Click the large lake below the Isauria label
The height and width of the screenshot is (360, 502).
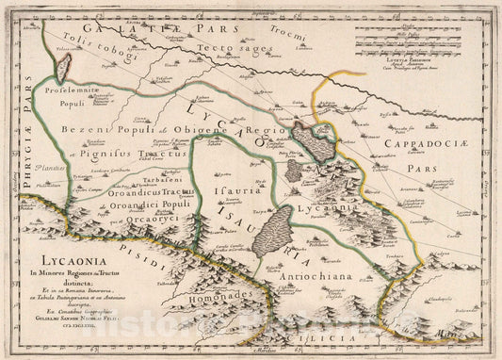tap(272, 232)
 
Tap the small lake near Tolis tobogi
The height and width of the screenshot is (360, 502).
tap(64, 67)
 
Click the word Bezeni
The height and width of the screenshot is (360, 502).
tap(83, 129)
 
